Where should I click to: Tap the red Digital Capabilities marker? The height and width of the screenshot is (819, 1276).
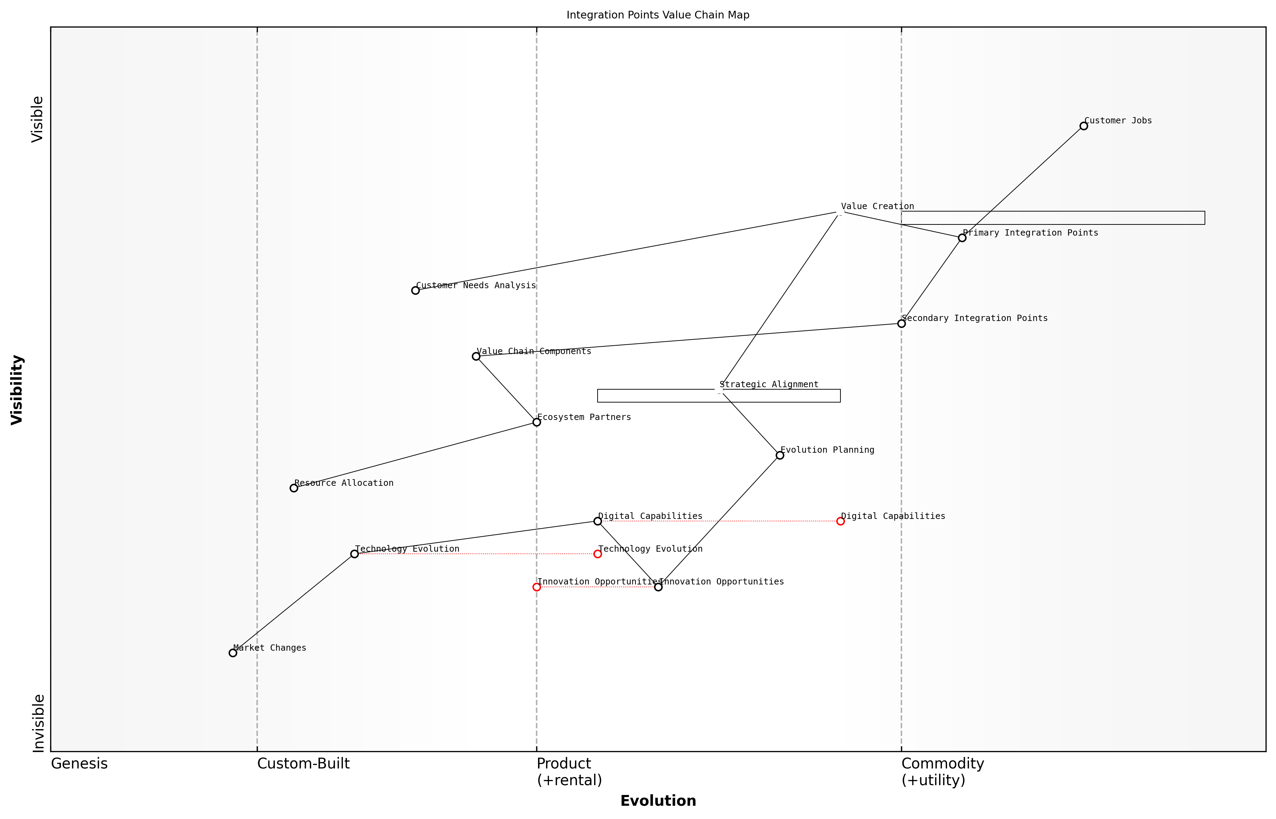[x=840, y=521]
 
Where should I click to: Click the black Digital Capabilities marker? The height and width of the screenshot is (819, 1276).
[x=598, y=521]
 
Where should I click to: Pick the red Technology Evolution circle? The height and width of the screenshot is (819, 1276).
[x=598, y=554]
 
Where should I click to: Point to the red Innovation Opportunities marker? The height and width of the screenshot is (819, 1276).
[x=537, y=587]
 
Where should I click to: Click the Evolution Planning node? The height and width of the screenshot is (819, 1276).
[x=780, y=455]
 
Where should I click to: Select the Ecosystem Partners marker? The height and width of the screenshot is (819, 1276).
[x=537, y=422]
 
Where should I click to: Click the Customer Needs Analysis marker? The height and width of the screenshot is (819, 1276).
[x=415, y=290]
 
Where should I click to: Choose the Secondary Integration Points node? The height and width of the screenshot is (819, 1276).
[x=901, y=323]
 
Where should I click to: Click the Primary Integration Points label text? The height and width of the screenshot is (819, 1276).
[x=1030, y=233]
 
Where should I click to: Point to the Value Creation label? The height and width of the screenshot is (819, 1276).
[x=877, y=206]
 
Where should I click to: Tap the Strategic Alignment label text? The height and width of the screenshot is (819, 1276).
[x=769, y=384]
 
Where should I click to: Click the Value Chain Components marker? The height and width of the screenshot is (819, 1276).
[x=476, y=356]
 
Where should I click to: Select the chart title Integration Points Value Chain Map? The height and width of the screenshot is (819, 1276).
[x=658, y=15]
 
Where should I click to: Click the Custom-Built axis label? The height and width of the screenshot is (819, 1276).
[x=303, y=764]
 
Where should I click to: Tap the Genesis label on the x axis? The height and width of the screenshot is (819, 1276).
[x=79, y=764]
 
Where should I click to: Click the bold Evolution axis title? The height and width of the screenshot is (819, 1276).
[x=658, y=801]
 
